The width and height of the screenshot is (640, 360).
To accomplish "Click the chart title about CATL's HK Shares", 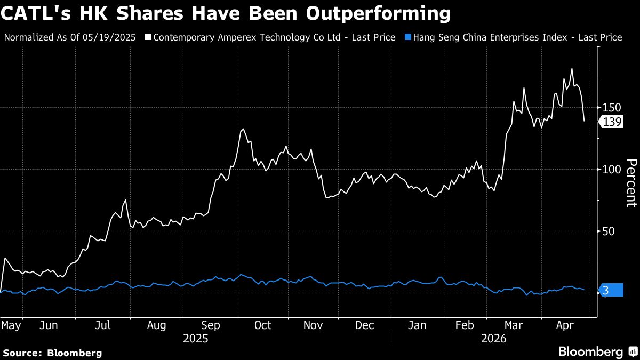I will click(225, 13).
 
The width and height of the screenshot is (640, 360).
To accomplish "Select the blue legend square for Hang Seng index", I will click(408, 37).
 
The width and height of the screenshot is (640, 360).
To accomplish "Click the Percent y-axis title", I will click(631, 182).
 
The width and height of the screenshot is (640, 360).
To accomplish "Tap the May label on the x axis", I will click(11, 325).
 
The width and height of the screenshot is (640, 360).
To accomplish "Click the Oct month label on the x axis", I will click(262, 325).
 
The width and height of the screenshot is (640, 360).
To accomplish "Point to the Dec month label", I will click(365, 325).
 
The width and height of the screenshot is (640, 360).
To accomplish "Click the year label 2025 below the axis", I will click(195, 338).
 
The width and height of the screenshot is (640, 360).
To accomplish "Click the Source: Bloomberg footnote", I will click(52, 353).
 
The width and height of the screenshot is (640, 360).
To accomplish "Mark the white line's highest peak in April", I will click(572, 69).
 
